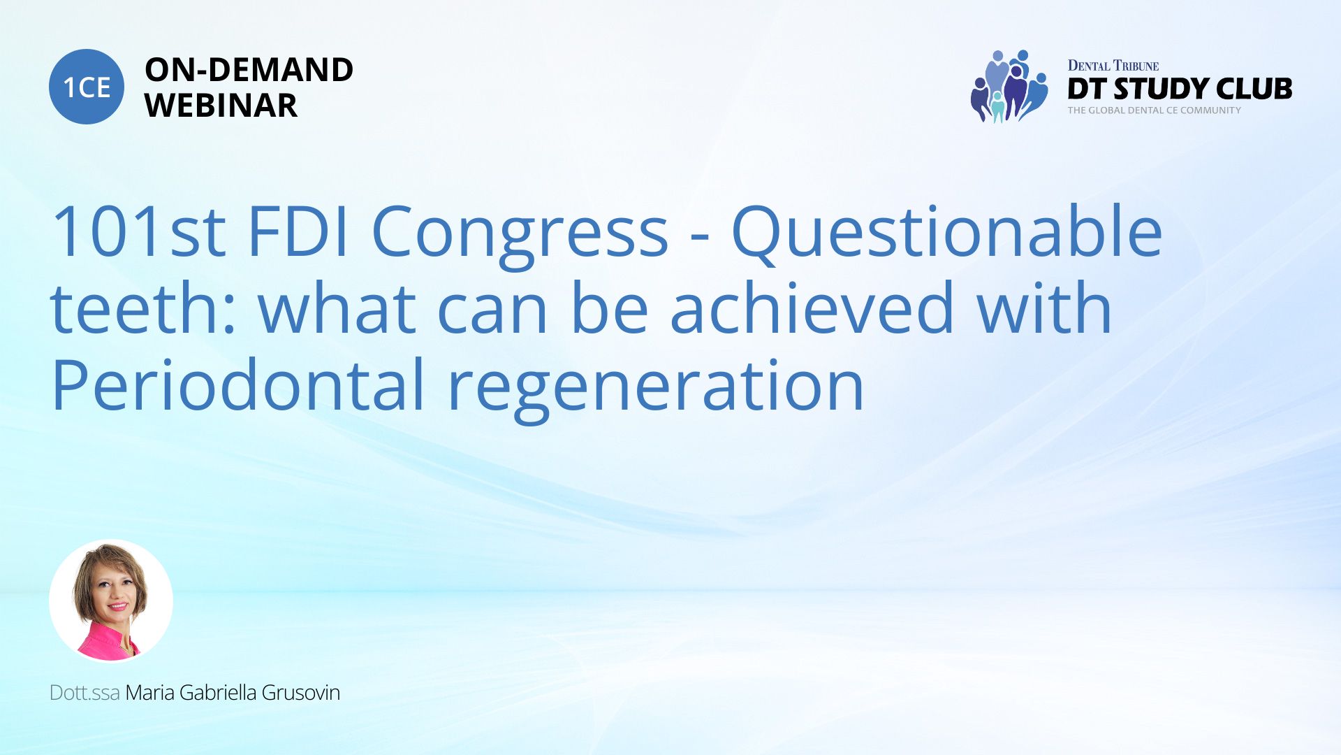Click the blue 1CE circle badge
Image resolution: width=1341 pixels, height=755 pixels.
(x=87, y=87)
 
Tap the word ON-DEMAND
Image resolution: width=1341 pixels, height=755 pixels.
(x=249, y=70)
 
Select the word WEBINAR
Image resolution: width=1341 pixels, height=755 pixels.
(x=221, y=106)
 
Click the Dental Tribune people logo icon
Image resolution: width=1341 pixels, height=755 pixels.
(x=1009, y=87)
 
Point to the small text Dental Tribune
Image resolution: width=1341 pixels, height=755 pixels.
(x=1113, y=66)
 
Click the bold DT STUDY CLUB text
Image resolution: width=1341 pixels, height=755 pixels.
(x=1180, y=89)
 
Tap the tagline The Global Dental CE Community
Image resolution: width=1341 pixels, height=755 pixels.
(x=1154, y=110)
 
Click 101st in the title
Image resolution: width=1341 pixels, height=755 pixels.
(x=138, y=231)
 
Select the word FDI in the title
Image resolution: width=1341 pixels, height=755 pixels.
(x=298, y=231)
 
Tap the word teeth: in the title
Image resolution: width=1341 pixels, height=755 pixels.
(x=143, y=308)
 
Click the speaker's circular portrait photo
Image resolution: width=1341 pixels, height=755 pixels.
(x=111, y=601)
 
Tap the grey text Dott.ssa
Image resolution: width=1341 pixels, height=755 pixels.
(x=85, y=693)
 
